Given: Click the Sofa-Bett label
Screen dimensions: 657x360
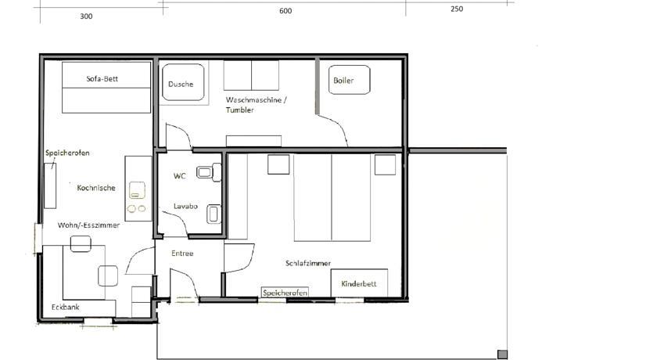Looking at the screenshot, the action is [102, 79].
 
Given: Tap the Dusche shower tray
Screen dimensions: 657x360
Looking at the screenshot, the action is [183, 82].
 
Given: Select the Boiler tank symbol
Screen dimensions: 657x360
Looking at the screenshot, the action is [349, 80].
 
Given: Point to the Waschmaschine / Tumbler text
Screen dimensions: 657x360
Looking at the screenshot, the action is [256, 105].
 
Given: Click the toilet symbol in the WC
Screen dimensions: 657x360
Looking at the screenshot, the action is [209, 172].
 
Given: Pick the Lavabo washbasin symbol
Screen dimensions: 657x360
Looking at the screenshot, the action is [214, 214].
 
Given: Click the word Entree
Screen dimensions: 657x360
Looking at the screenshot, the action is [182, 254].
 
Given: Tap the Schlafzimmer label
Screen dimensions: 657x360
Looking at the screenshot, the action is [308, 263].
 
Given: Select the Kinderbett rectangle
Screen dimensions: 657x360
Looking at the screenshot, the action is [359, 283].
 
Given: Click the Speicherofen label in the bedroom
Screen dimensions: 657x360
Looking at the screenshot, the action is [285, 293].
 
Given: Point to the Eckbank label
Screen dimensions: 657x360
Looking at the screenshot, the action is [66, 308].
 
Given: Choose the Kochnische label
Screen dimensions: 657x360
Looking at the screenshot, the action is [96, 188].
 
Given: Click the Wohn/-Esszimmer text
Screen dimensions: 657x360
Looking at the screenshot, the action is [88, 225].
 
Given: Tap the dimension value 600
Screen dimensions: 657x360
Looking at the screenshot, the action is [285, 11].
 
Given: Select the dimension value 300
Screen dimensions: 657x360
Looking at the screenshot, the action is [86, 16].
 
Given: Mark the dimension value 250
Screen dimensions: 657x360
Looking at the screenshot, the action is [457, 9].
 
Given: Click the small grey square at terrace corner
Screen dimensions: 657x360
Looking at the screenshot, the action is [502, 355].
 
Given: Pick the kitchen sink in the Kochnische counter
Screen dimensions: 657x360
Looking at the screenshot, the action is [137, 190].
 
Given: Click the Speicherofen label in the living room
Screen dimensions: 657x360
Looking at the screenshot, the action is [67, 153].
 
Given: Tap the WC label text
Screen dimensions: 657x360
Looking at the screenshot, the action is [179, 176].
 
